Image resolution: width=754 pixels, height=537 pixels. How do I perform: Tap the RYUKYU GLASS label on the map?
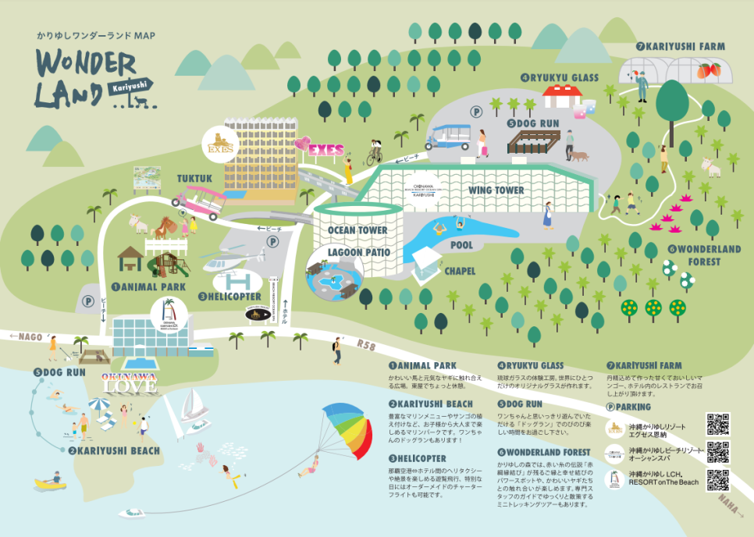pyautogui.click(x=564, y=78)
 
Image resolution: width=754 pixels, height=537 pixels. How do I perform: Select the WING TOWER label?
pyautogui.click(x=496, y=190)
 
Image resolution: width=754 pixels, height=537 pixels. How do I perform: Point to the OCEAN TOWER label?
pyautogui.click(x=357, y=231)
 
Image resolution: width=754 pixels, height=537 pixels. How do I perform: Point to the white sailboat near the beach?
pyautogui.click(x=194, y=407)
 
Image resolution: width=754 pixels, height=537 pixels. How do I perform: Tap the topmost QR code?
pyautogui.click(x=717, y=424)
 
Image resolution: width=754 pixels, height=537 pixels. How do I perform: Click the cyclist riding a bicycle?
pyautogui.click(x=376, y=151)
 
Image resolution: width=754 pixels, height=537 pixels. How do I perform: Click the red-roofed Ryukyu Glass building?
pyautogui.click(x=563, y=96)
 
